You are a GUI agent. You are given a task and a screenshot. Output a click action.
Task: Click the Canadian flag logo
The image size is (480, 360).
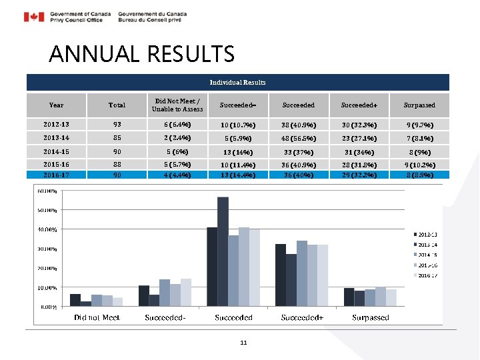[x=34, y=17]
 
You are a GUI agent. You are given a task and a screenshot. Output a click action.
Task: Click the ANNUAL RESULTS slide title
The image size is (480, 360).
[x=141, y=53]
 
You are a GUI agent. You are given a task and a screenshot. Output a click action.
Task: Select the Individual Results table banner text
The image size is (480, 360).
[x=237, y=82]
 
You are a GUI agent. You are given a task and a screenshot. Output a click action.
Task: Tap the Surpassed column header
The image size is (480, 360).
[x=419, y=105]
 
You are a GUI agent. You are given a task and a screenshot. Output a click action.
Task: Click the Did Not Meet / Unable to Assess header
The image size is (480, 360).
[x=177, y=105]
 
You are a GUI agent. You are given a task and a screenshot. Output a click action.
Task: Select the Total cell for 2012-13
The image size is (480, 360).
[x=117, y=124]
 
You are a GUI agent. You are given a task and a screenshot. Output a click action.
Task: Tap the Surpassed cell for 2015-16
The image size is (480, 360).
[x=419, y=164]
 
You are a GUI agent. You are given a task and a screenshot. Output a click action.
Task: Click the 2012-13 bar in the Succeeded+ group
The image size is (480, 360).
[x=281, y=275]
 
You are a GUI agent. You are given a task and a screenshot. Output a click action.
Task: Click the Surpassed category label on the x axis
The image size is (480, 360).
[x=370, y=317]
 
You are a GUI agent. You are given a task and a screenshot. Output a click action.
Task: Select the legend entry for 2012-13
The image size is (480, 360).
[x=426, y=234]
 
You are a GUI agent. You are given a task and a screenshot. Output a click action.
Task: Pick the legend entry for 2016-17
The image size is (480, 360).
[x=426, y=275]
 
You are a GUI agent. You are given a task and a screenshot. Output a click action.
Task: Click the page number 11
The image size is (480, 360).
[x=243, y=342]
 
